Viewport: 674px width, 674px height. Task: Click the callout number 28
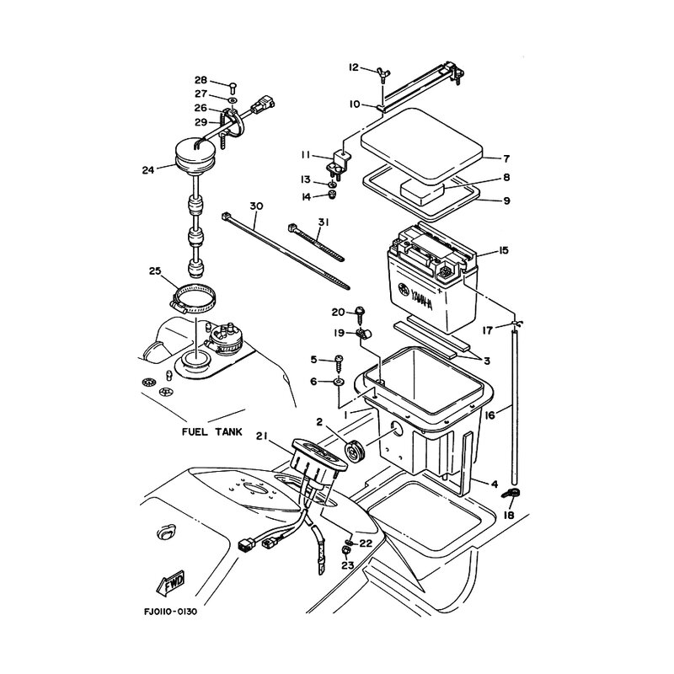coord(201,81)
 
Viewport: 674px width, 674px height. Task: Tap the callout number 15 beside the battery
coord(503,251)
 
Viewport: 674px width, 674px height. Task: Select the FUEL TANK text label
coord(211,432)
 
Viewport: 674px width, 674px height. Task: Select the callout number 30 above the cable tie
coord(256,206)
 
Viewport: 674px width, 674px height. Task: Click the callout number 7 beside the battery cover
coord(506,158)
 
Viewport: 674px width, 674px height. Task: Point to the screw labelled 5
coord(340,361)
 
